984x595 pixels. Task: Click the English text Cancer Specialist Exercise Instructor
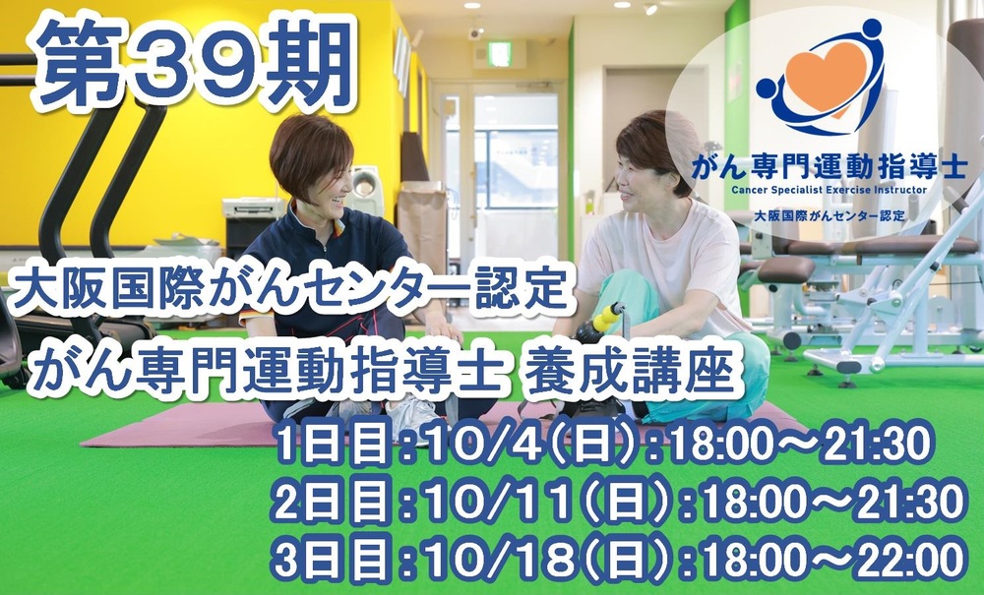[x=829, y=190]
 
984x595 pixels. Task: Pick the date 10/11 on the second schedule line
[x=498, y=503]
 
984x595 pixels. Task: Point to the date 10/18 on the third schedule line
[x=498, y=560]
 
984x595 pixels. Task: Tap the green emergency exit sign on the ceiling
[x=500, y=54]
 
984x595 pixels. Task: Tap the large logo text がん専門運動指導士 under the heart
[x=829, y=167]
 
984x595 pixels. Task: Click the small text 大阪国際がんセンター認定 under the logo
[x=829, y=216]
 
